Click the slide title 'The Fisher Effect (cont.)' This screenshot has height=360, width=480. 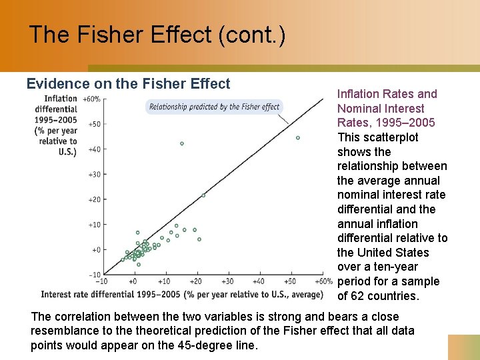(x=157, y=35)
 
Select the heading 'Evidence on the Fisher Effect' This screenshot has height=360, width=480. (x=128, y=84)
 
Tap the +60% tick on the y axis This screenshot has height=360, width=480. (x=92, y=99)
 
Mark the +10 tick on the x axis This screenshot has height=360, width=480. (x=164, y=281)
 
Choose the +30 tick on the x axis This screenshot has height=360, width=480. (x=228, y=281)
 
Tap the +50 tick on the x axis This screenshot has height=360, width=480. (x=291, y=281)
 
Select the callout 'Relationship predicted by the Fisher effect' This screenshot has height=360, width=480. (x=214, y=107)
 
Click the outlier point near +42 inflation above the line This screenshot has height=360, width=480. (x=181, y=143)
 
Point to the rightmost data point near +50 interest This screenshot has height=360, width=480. (x=297, y=138)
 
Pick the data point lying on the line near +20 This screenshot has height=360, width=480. (x=203, y=195)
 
